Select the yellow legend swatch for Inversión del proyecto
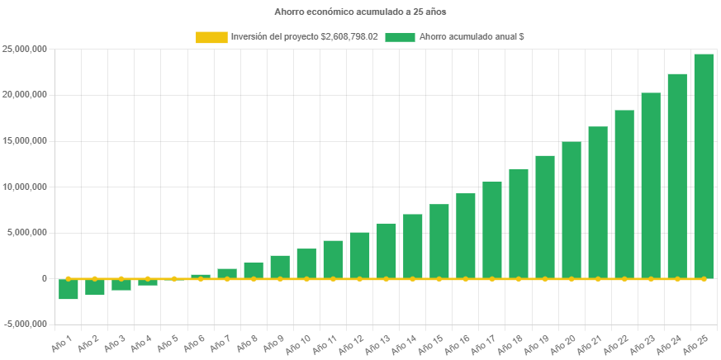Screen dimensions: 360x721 click(211, 37)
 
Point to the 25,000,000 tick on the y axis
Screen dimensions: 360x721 click(25, 49)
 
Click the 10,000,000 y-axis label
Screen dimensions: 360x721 click(25, 187)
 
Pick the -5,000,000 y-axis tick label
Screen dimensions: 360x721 click(25, 324)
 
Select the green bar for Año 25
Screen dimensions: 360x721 click(704, 165)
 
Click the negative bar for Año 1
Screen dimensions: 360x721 click(69, 289)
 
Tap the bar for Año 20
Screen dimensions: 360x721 click(572, 210)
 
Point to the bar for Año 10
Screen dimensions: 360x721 click(306, 263)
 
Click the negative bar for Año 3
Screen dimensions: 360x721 click(121, 285)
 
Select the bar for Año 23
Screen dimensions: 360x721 click(651, 185)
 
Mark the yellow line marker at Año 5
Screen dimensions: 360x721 click(174, 279)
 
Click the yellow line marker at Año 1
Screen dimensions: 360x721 click(69, 279)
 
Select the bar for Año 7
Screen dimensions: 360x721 click(227, 273)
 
